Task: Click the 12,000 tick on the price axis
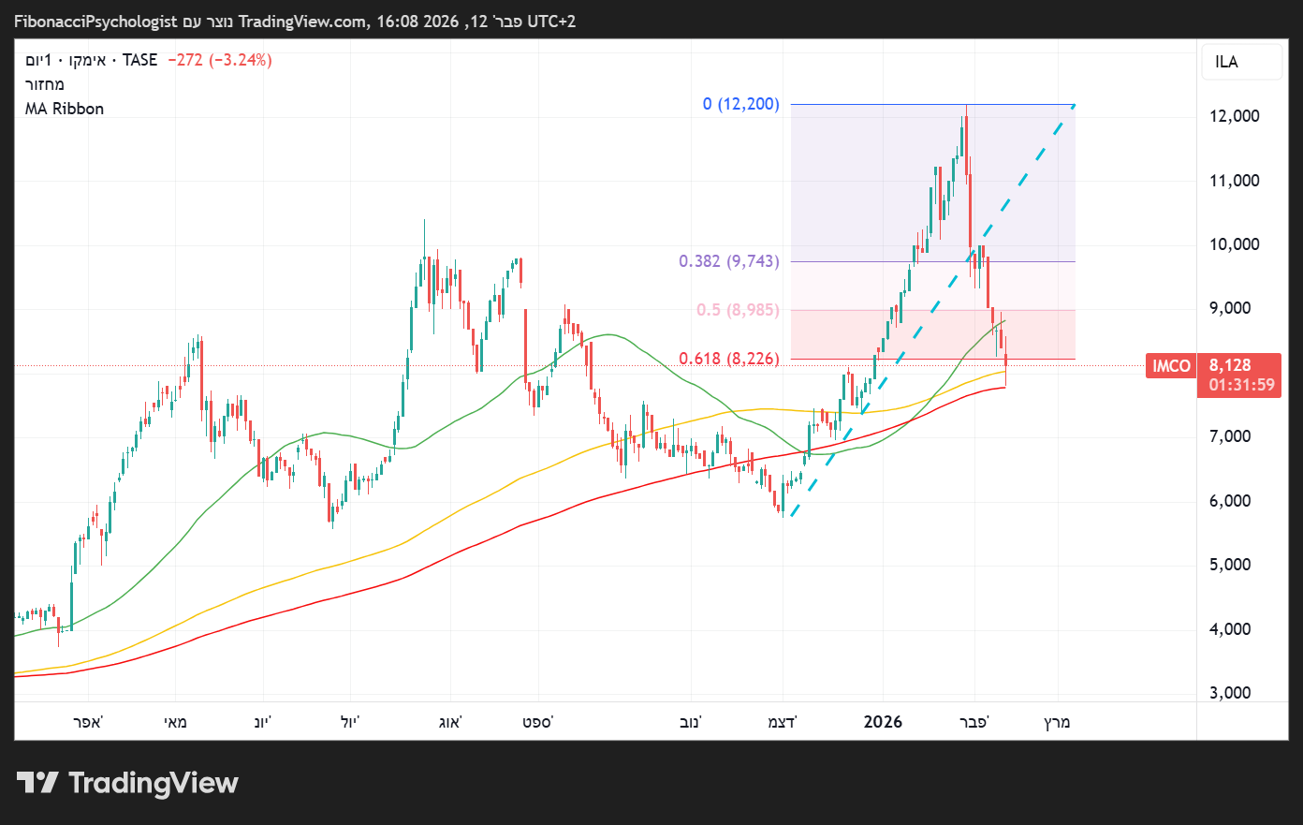click(x=1234, y=116)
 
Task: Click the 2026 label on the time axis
click(x=883, y=722)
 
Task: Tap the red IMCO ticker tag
click(x=1171, y=366)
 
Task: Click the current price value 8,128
click(x=1230, y=366)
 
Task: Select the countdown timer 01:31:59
click(x=1241, y=385)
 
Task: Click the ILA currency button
click(x=1226, y=63)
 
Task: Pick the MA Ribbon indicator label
click(x=65, y=109)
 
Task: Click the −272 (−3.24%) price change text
click(x=220, y=60)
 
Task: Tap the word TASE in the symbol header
click(x=139, y=60)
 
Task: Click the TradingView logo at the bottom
click(x=128, y=783)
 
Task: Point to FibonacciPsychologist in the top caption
click(x=95, y=21)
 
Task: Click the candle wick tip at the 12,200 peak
click(x=966, y=106)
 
